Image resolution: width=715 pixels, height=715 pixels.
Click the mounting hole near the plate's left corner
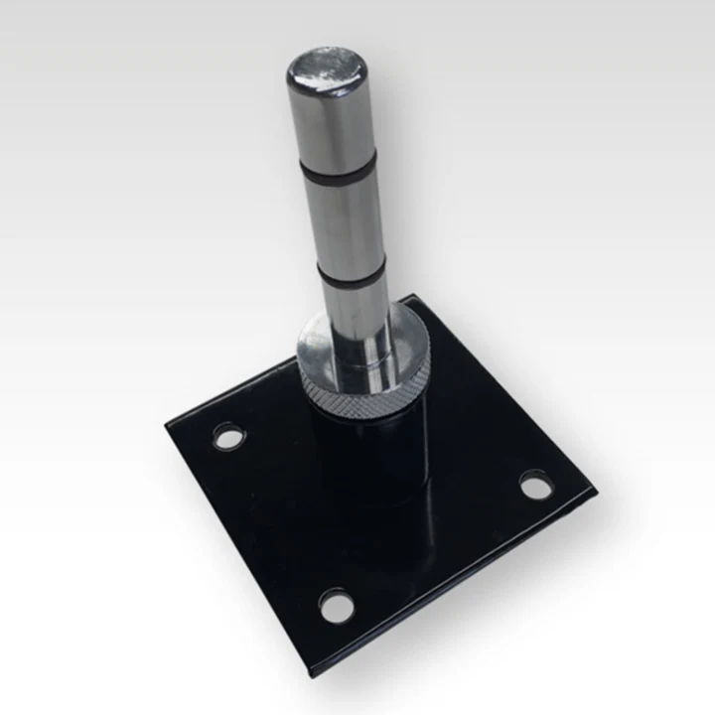coord(228,436)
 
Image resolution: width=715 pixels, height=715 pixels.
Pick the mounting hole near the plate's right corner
coord(535,486)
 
